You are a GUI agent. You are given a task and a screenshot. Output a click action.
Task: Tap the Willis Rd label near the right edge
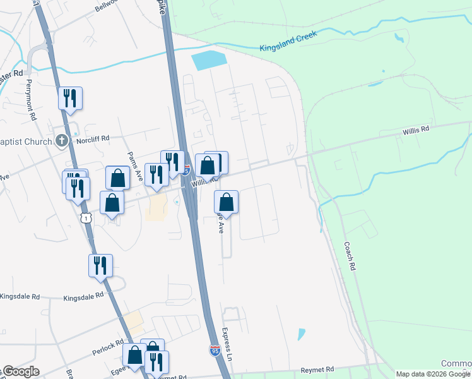tap(416, 129)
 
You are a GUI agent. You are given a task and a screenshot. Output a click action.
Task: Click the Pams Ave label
tap(133, 165)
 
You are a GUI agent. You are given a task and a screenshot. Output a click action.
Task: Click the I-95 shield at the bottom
tap(215, 351)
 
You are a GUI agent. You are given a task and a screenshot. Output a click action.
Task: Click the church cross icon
tap(61, 140)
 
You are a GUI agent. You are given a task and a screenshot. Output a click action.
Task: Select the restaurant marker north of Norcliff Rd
tap(71, 98)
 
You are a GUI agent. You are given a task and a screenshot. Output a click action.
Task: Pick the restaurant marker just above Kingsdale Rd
tap(100, 265)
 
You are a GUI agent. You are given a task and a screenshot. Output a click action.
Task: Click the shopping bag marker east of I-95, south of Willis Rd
tap(227, 202)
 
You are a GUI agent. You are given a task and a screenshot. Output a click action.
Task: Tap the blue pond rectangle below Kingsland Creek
tap(208, 61)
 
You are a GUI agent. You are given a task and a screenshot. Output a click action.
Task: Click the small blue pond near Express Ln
tap(302, 334)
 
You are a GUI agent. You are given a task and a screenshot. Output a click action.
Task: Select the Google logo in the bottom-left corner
tap(20, 371)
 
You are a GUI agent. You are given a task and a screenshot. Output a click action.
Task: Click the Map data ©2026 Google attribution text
tap(433, 374)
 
